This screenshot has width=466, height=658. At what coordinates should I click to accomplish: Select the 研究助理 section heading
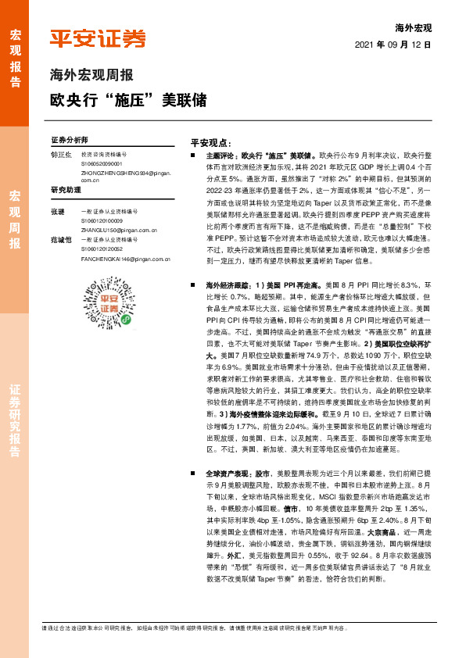(x=66, y=190)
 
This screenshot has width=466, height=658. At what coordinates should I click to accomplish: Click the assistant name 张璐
(x=57, y=212)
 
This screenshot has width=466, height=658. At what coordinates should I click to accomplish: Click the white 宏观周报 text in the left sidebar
(x=14, y=220)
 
